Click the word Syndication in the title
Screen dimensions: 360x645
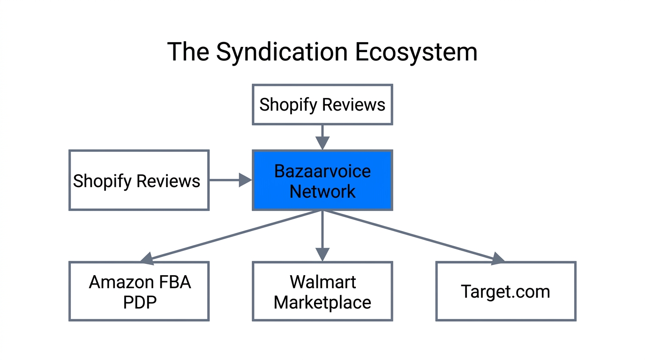281,52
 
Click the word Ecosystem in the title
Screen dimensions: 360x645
416,52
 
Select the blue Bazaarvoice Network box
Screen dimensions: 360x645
322,180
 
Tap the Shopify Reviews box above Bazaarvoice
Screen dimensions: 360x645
322,105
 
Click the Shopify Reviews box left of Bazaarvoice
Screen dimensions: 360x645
139,180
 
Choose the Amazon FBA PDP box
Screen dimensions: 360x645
139,292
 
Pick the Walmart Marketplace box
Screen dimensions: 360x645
322,292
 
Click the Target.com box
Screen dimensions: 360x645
506,292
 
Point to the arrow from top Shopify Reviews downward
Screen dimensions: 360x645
322,137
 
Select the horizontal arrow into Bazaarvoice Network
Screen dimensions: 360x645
230,180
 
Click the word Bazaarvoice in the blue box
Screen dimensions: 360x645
322,171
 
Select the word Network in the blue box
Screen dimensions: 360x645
322,191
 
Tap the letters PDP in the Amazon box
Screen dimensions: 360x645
139,302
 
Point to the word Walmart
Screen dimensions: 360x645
322,282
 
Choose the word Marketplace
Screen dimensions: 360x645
322,302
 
